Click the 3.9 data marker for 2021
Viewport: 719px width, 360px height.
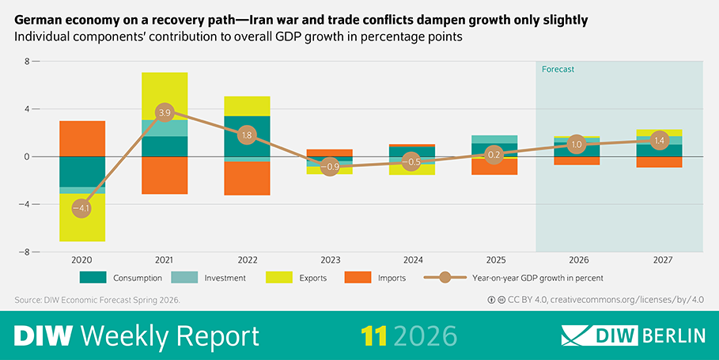[165, 112]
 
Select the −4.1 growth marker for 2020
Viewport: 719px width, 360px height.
[82, 208]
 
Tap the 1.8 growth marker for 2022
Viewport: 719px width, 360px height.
[247, 135]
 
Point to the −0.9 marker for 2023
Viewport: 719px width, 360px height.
[330, 167]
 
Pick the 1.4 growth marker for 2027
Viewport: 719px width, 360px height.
[659, 140]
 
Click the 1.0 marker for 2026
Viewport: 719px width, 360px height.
[577, 145]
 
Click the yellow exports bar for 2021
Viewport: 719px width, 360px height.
[165, 95]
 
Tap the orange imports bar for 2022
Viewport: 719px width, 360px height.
[247, 178]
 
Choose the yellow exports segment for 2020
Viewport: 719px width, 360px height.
[82, 218]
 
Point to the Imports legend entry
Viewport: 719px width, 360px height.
[375, 278]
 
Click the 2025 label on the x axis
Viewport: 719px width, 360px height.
[494, 260]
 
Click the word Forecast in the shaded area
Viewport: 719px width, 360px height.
[558, 70]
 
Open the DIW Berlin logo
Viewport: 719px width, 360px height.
[633, 335]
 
